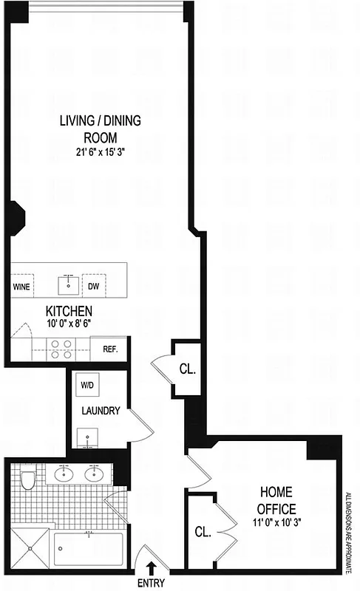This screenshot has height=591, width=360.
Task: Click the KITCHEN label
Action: tap(69, 311)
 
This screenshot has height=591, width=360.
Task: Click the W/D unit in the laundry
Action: tap(86, 386)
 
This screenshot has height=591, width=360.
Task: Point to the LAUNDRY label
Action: tap(100, 411)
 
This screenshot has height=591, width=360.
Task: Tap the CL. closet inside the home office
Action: tap(203, 530)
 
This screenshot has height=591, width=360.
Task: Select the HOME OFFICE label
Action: tap(276, 499)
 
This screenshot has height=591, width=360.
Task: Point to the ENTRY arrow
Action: tap(152, 567)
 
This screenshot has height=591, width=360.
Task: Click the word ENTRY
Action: tap(152, 583)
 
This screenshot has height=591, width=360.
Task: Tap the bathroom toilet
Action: tap(29, 480)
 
